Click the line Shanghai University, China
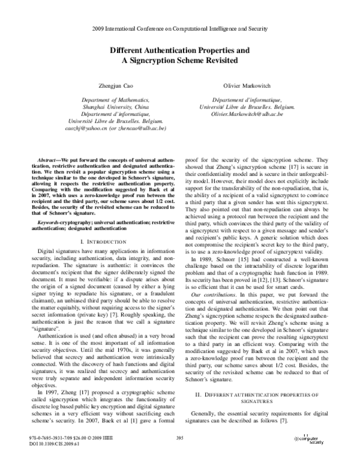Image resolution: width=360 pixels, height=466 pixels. pyautogui.click(x=114, y=106)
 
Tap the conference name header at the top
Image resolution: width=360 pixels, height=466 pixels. pyautogui.click(x=180, y=28)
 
